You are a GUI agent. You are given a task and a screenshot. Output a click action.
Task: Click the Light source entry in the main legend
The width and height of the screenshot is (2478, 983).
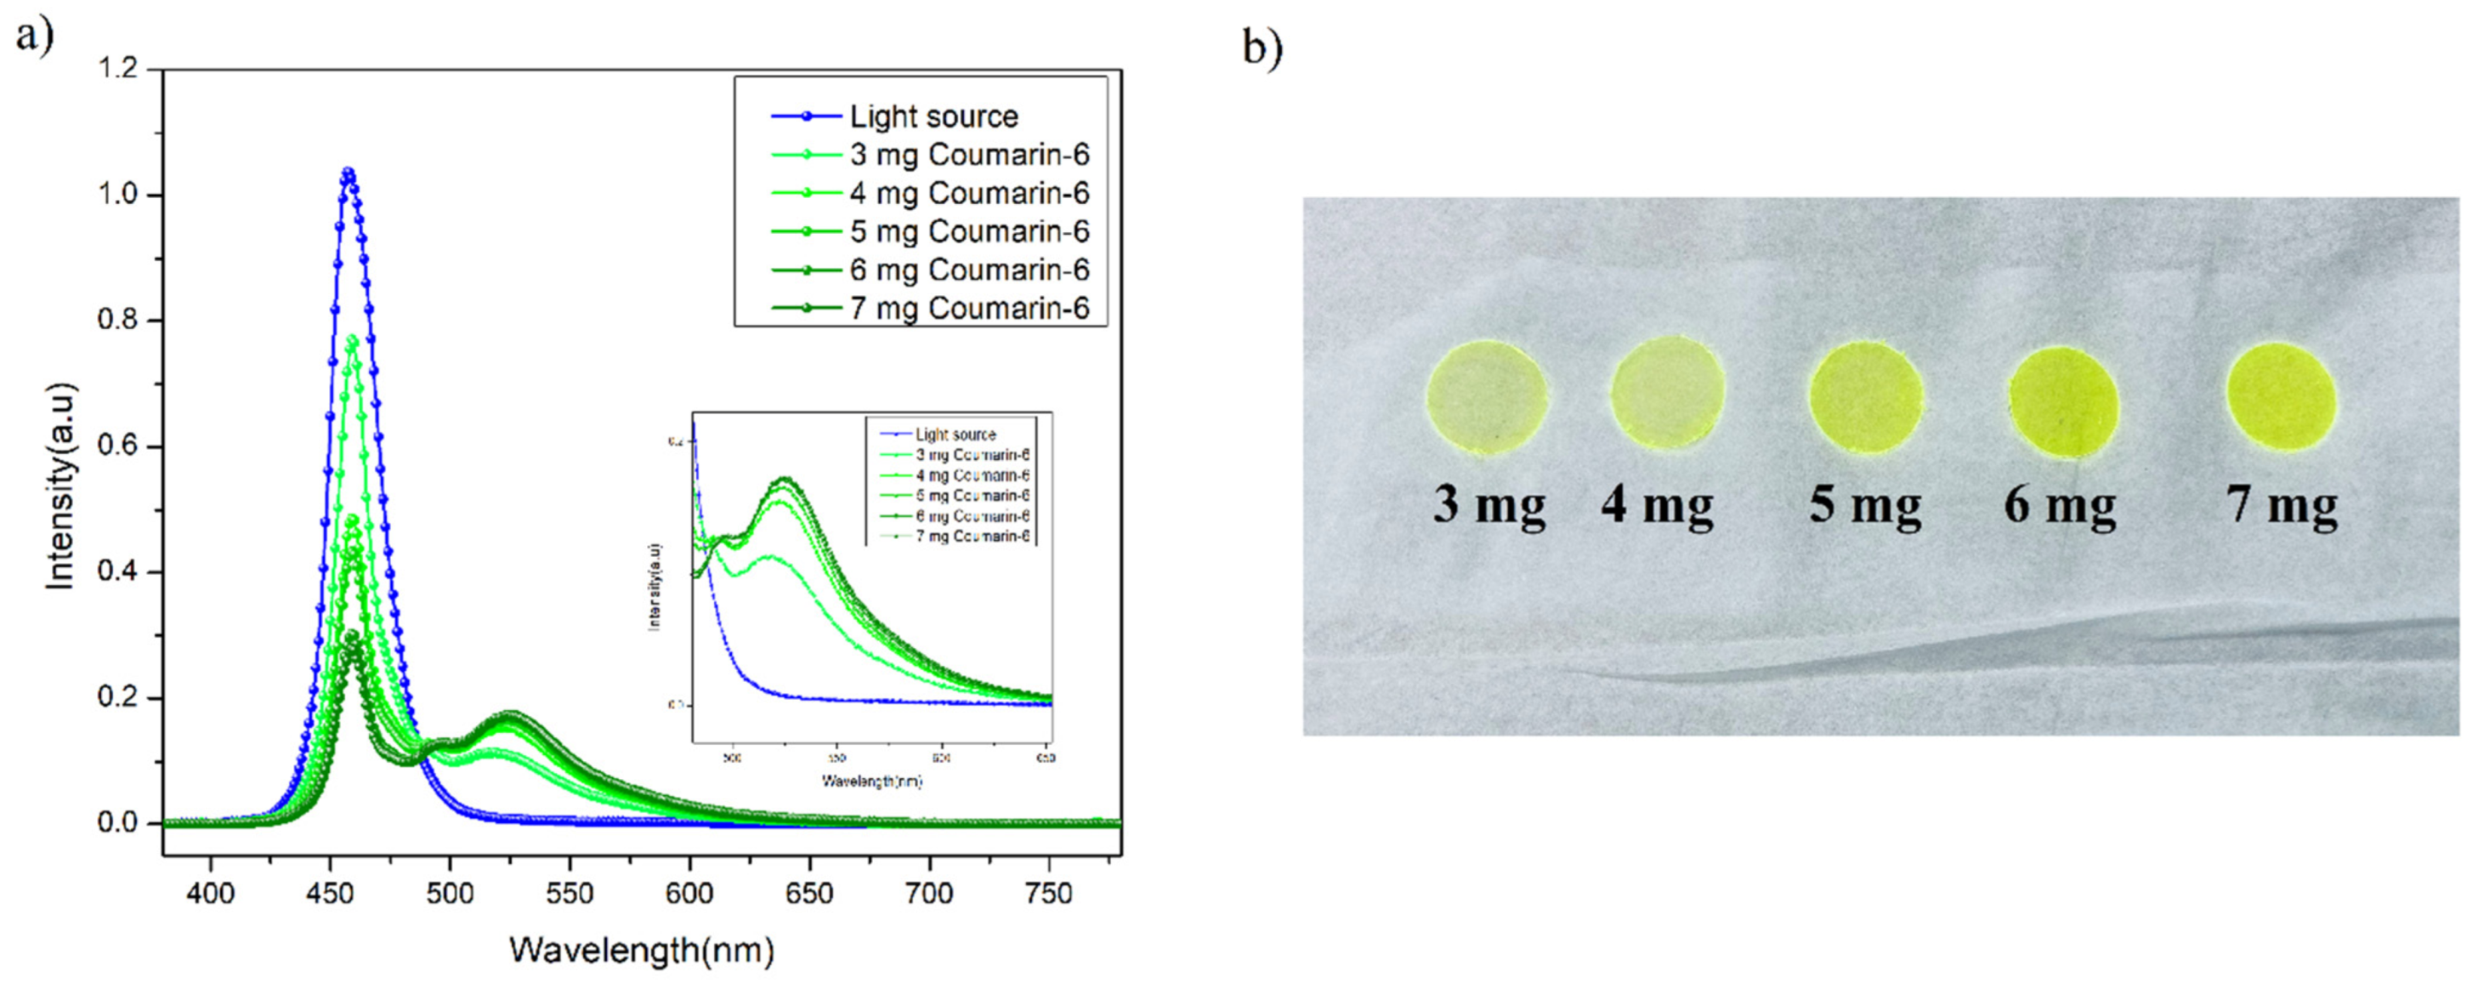(x=933, y=116)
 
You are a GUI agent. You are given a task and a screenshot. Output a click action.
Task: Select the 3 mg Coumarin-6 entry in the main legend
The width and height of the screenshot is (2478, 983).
(x=969, y=155)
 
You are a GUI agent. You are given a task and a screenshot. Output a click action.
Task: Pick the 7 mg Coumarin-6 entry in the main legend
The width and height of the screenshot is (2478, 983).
(x=969, y=309)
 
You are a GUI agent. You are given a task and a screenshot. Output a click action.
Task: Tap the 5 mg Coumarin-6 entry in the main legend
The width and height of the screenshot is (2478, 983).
(x=969, y=232)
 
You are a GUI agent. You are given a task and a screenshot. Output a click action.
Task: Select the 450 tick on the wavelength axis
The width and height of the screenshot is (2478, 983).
(x=330, y=894)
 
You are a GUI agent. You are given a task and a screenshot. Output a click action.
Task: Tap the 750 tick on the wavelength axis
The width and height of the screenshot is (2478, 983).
(x=1048, y=894)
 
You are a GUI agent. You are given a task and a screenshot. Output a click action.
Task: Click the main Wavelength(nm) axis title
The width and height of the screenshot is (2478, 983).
(x=642, y=951)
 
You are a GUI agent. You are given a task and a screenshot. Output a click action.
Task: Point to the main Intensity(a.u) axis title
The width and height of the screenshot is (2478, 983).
(x=60, y=486)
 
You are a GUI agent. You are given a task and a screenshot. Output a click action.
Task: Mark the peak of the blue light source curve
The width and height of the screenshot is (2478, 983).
(x=348, y=173)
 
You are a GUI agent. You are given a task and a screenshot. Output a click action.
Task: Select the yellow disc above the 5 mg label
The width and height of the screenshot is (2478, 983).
(x=1865, y=397)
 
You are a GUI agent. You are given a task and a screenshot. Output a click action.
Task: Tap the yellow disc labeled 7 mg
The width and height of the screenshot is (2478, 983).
(x=2281, y=397)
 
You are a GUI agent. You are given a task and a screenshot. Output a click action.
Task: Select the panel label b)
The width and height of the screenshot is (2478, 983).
(x=1262, y=46)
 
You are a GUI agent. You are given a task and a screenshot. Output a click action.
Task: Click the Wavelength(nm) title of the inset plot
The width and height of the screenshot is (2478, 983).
(x=871, y=781)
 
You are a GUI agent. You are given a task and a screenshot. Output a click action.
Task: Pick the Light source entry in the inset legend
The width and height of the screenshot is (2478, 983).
(x=955, y=435)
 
